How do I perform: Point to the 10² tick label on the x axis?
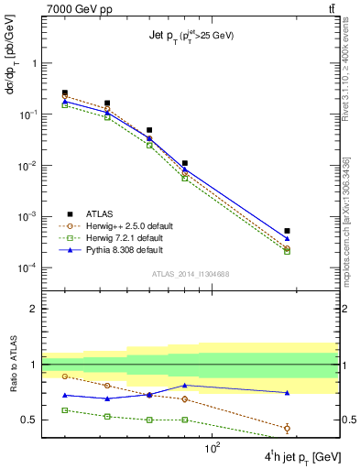point(213,448)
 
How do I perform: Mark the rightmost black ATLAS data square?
point(287,231)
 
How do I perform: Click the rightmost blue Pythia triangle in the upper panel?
point(287,238)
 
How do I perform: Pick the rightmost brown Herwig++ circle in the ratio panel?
point(287,428)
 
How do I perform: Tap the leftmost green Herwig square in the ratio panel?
point(65,410)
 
